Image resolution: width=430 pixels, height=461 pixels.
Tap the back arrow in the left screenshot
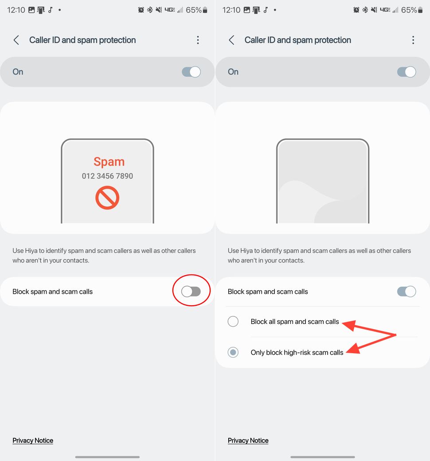[x=16, y=40]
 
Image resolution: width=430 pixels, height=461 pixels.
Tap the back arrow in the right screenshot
[x=231, y=40]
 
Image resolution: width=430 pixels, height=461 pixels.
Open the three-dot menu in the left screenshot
[x=198, y=40]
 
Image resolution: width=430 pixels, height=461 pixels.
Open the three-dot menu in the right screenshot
[x=413, y=40]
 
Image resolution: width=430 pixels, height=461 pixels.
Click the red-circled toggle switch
[x=191, y=291]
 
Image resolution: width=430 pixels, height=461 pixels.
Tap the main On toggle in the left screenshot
[x=191, y=72]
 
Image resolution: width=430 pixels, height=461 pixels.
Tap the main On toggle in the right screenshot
[x=406, y=72]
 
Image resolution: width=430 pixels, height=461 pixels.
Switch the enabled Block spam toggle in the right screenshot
[x=406, y=292]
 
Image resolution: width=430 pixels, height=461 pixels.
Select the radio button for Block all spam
[x=233, y=322]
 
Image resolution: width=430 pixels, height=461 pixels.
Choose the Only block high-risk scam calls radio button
[x=233, y=352]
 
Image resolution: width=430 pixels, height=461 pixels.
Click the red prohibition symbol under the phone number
[x=107, y=197]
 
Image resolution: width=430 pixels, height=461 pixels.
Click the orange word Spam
[x=109, y=162]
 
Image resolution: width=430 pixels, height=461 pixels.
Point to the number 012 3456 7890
[x=107, y=176]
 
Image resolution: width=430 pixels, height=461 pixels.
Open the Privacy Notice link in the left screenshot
[x=33, y=440]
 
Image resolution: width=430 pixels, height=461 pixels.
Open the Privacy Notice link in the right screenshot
[x=248, y=440]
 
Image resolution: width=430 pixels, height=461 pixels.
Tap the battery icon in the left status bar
[x=205, y=10]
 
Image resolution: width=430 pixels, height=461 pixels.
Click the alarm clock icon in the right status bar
[x=356, y=10]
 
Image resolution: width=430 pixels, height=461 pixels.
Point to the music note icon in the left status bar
[x=50, y=10]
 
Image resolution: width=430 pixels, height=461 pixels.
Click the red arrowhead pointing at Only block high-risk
[x=352, y=350]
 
